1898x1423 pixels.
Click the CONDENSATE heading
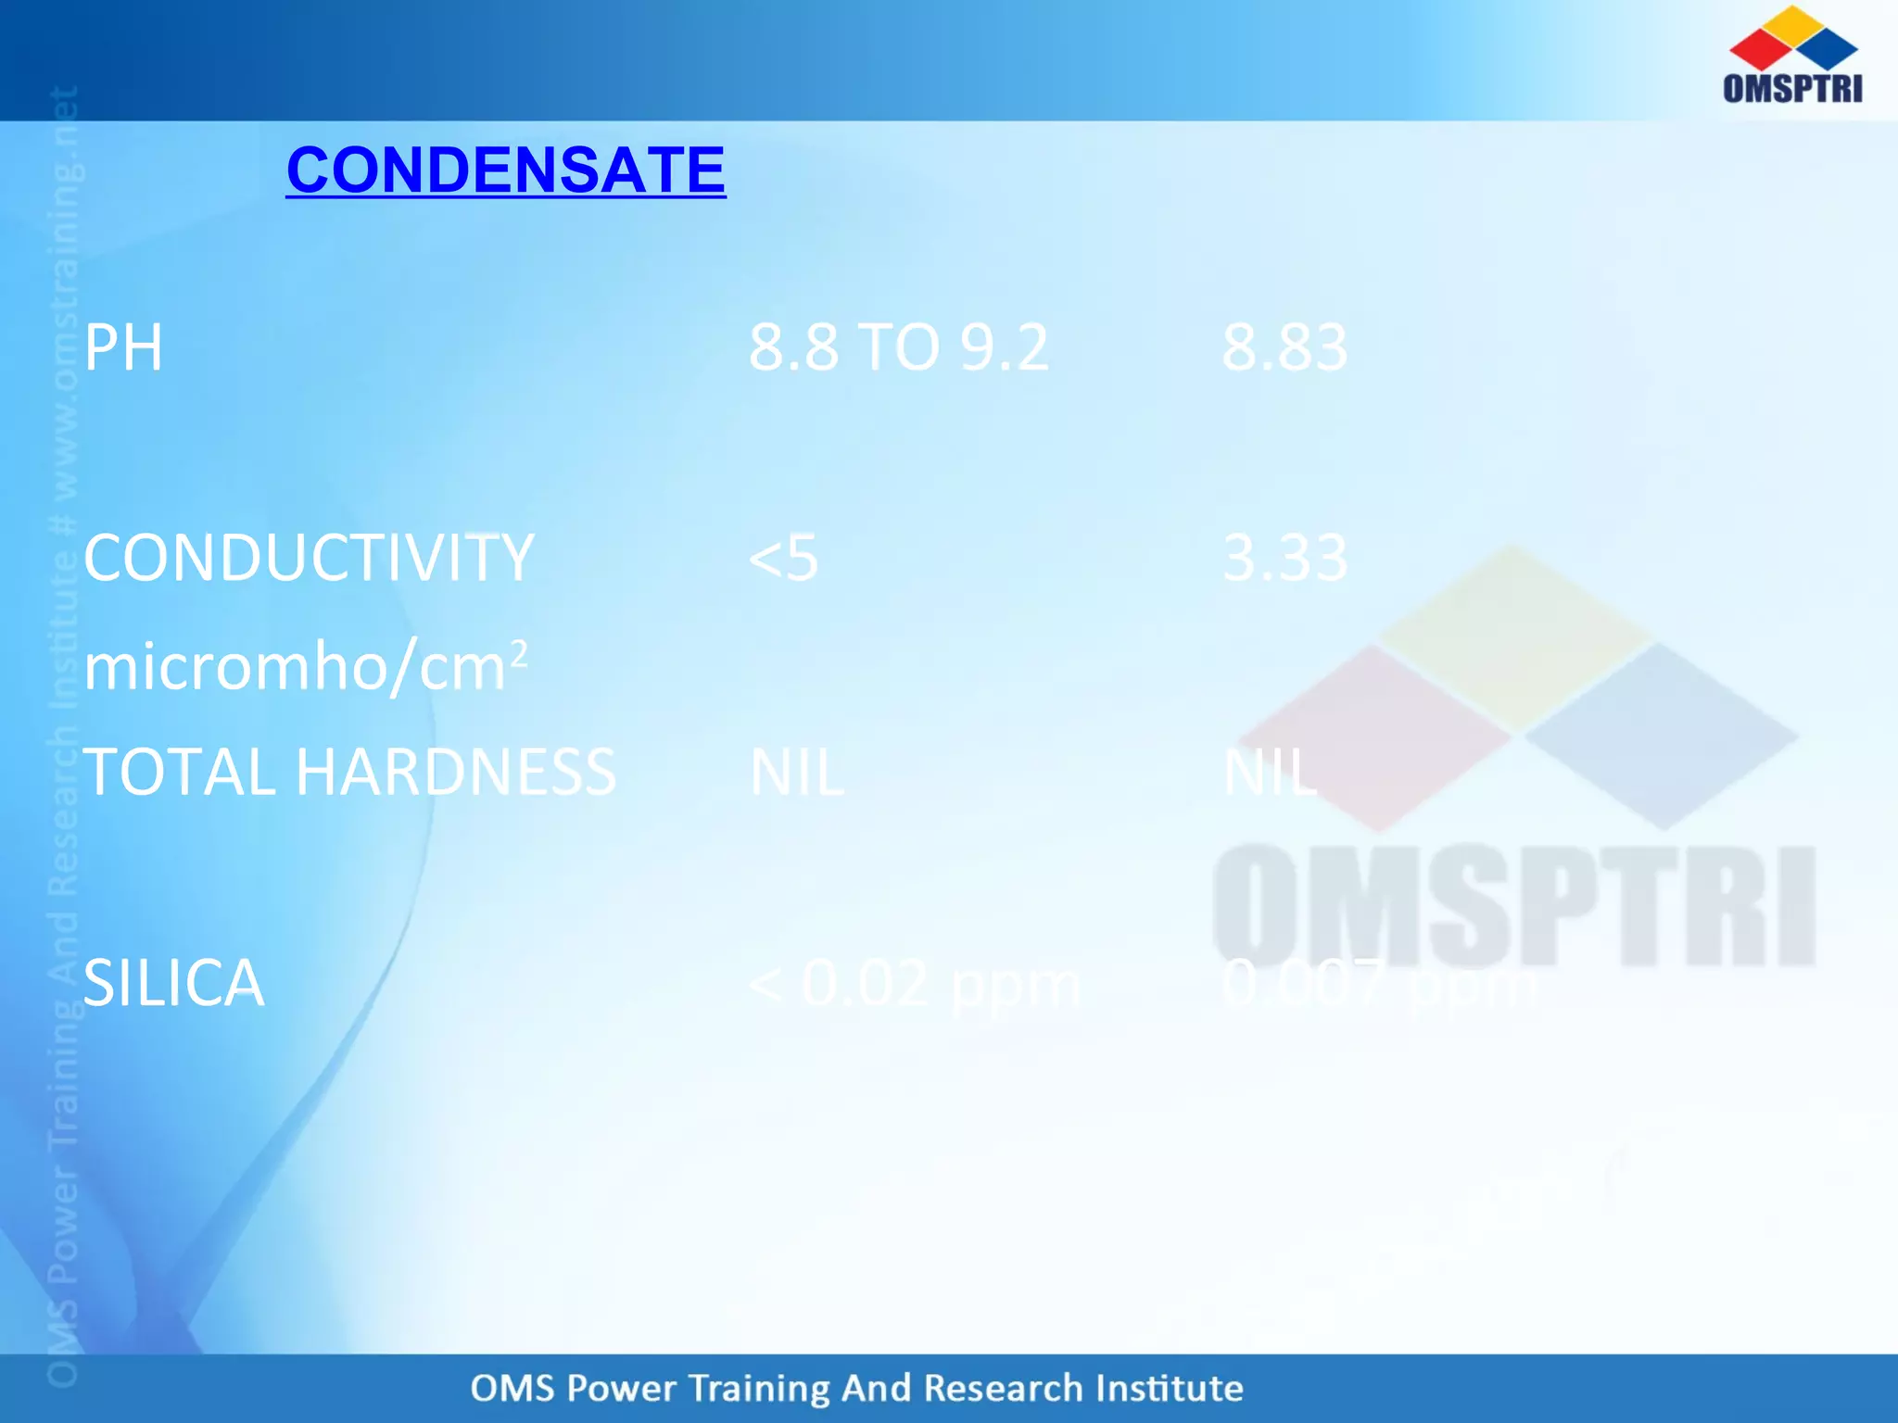(x=506, y=170)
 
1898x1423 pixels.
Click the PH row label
(x=123, y=348)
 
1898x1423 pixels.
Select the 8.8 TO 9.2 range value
(x=898, y=348)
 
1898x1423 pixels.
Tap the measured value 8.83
(x=1284, y=348)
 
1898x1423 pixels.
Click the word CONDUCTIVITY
(x=309, y=559)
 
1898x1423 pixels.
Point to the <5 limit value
(x=783, y=559)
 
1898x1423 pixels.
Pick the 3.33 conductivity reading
(x=1284, y=559)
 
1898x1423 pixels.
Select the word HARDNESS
(x=455, y=772)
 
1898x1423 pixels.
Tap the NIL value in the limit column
(x=796, y=772)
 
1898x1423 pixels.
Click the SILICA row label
(x=173, y=983)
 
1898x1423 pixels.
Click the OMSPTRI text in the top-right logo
(x=1792, y=88)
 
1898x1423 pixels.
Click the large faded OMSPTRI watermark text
(x=1513, y=906)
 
